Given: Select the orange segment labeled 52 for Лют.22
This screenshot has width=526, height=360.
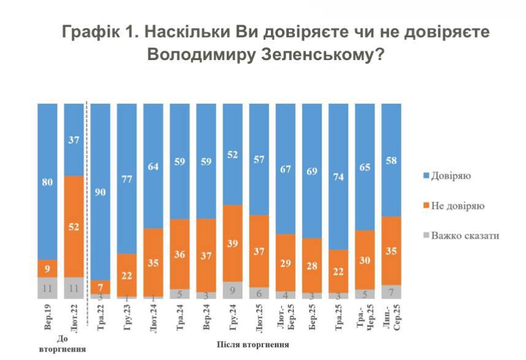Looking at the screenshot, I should click(x=74, y=226).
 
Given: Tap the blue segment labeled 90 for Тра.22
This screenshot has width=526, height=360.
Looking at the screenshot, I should click(x=101, y=191).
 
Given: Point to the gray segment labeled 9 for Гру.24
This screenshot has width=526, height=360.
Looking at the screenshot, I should click(x=232, y=291).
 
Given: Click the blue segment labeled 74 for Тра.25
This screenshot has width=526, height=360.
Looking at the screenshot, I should click(x=338, y=177).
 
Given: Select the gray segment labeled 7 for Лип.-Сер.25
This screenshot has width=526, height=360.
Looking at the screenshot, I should click(x=391, y=292).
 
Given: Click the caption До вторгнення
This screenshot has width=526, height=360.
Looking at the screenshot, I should click(x=61, y=344).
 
